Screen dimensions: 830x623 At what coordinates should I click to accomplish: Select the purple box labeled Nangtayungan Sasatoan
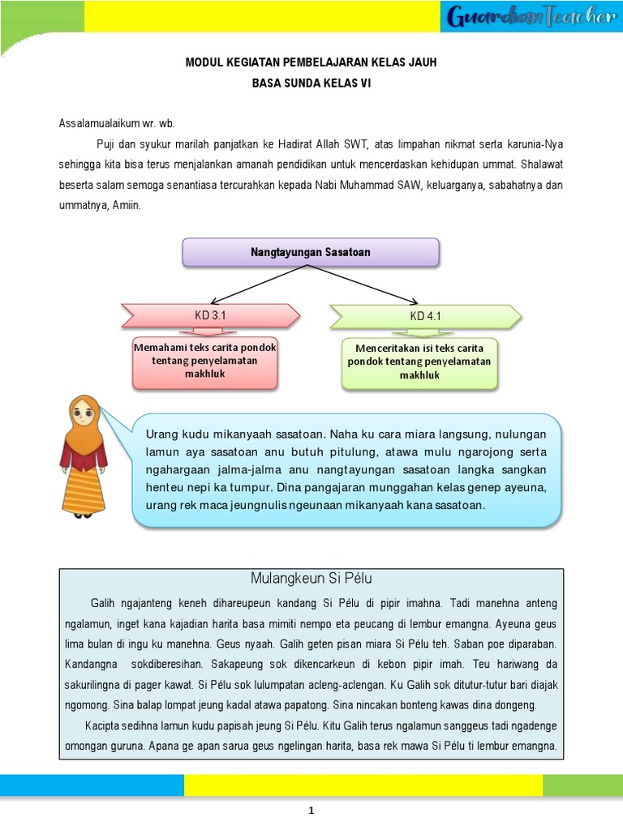[311, 253]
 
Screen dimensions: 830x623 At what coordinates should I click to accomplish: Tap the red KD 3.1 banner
[209, 315]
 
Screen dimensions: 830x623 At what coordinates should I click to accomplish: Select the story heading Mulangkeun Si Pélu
[311, 579]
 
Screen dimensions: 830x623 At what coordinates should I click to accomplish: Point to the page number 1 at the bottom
[311, 811]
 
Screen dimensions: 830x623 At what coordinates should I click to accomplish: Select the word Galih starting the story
[103, 604]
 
